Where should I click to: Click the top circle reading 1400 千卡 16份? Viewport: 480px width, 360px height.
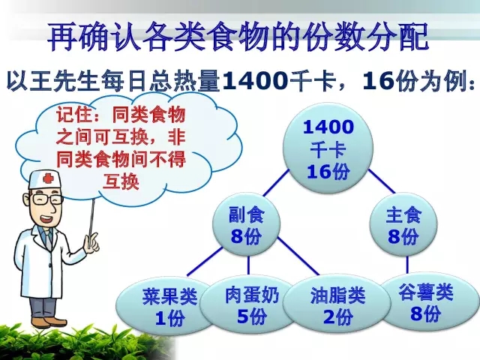coord(328,148)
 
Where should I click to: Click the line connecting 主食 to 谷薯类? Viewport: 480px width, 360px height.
coord(407,265)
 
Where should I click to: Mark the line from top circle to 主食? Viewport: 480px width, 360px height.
coord(382,181)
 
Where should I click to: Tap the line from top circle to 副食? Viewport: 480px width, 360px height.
coord(276,183)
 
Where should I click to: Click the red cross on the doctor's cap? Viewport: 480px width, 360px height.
coord(47,178)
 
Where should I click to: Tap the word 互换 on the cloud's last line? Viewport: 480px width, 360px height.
coord(121,181)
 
